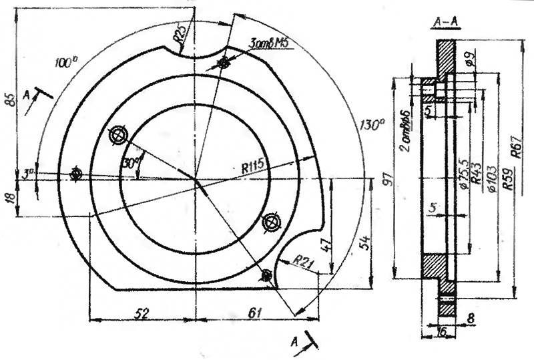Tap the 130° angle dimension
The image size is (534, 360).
coord(372,125)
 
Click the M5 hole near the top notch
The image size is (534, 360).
coord(223,63)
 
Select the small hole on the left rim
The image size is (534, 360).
coord(77,174)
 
